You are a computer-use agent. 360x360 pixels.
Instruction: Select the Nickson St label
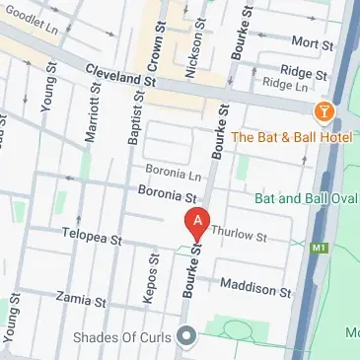(196, 51)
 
